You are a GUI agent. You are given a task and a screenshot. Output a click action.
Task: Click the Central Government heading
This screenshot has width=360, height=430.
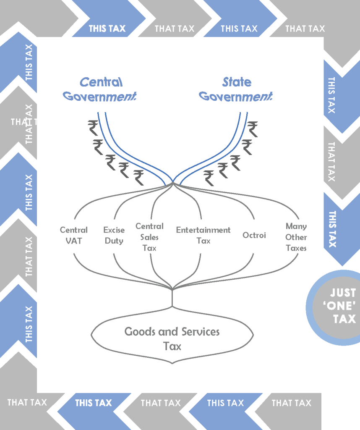coord(100,89)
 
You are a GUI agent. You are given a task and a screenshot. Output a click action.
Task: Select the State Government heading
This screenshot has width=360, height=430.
coord(236,89)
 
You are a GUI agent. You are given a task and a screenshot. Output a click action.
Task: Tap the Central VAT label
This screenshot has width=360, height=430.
coord(74,236)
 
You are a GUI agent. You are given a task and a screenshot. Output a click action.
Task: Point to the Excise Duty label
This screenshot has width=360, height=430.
coord(114,236)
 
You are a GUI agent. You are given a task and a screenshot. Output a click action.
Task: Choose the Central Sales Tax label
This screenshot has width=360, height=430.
coord(149,237)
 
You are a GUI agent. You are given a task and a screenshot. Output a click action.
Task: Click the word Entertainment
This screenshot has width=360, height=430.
coord(203,230)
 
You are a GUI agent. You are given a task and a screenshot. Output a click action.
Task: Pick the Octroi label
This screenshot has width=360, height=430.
coord(254,235)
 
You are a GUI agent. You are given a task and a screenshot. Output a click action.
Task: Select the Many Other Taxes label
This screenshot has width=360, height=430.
coord(296,237)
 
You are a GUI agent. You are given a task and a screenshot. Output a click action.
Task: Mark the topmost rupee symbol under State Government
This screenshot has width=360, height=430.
coord(252,128)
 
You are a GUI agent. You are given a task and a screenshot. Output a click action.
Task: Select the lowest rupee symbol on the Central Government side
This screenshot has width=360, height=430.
coord(138,178)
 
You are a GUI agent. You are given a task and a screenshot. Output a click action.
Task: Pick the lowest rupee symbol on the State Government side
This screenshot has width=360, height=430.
coord(209,178)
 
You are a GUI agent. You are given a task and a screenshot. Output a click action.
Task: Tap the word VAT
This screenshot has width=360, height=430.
coord(74,241)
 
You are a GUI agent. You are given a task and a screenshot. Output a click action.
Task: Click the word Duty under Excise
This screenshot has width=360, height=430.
coord(114,241)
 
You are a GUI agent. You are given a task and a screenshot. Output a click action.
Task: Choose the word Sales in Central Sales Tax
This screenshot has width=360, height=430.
coord(149,237)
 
